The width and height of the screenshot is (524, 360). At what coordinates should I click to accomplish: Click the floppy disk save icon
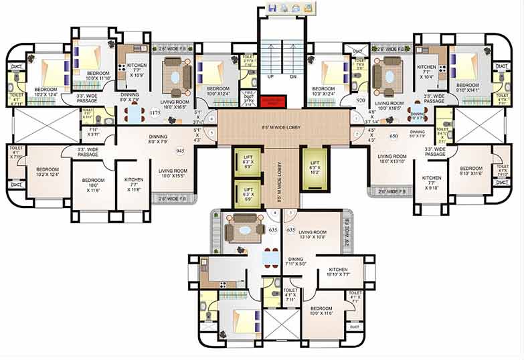[272, 8]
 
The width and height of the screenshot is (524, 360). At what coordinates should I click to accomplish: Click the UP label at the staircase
[270, 76]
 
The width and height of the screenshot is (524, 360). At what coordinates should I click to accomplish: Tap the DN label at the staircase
[292, 76]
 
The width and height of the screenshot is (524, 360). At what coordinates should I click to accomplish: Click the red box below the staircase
[273, 101]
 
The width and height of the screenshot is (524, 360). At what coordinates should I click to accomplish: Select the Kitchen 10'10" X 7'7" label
[339, 271]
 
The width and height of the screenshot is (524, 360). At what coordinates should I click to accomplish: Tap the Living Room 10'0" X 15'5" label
[173, 173]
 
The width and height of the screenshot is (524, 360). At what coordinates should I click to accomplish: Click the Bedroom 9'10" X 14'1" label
[467, 88]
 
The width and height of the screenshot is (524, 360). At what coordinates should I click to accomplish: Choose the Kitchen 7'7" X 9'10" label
[431, 181]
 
